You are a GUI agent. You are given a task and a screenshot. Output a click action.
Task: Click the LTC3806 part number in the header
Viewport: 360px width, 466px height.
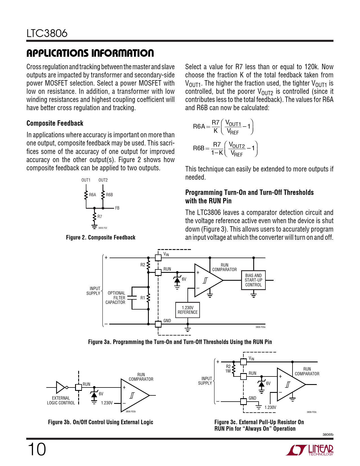47,33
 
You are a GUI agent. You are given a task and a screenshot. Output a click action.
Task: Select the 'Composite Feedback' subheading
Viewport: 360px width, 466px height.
55,123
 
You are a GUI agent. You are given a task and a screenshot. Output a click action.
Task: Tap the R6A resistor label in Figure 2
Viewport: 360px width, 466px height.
92,195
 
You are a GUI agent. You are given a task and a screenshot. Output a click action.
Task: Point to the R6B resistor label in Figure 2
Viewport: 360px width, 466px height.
109,195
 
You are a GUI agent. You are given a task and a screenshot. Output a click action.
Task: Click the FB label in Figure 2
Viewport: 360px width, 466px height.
117,208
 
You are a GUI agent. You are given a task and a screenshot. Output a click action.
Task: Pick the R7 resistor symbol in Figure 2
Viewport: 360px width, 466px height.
94,217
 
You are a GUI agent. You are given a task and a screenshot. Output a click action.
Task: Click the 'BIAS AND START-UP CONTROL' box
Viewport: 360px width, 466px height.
253,280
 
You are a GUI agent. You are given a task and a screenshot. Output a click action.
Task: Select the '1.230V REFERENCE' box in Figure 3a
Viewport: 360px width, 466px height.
187,310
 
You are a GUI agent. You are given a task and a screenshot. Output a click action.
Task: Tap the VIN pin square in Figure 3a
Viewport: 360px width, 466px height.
158,258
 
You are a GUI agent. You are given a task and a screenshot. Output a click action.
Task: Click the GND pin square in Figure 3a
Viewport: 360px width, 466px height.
158,324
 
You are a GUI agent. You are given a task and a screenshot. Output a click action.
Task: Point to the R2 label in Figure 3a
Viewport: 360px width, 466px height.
143,265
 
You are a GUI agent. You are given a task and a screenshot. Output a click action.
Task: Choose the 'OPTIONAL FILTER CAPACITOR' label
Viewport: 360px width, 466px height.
115,298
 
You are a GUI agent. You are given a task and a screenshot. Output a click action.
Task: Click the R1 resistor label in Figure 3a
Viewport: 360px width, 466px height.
143,298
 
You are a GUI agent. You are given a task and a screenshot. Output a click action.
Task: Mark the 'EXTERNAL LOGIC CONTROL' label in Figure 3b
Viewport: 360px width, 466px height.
61,400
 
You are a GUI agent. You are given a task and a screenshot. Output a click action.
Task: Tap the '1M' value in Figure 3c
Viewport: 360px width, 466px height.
228,371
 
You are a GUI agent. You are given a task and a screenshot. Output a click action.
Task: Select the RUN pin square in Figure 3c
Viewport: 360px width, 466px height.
243,376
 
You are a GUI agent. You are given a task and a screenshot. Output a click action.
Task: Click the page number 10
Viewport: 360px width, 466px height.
37,449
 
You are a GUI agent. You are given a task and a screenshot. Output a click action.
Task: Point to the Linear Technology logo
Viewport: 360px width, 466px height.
310,450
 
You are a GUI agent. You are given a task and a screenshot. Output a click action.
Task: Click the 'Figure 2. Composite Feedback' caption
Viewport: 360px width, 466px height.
101,238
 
